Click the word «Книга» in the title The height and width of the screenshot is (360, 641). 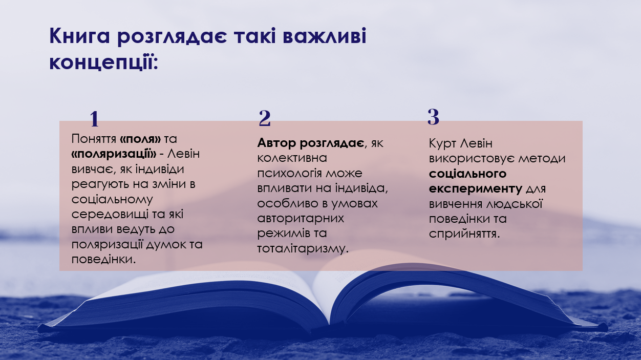point(79,36)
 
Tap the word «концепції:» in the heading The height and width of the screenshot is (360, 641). point(103,62)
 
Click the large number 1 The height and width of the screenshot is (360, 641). point(94,119)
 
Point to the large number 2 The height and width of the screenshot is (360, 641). point(264,118)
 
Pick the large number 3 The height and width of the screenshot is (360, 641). point(433,117)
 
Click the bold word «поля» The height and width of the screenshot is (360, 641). point(140,139)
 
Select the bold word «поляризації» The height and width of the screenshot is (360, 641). point(114,154)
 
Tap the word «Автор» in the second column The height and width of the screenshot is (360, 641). point(276,143)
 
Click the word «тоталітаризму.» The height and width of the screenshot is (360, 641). point(303,248)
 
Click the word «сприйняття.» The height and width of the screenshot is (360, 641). point(464,234)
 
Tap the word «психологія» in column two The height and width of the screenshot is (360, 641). point(290,174)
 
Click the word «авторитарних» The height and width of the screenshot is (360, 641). point(301,218)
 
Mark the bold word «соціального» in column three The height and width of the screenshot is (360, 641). point(467,174)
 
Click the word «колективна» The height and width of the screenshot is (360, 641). point(292,158)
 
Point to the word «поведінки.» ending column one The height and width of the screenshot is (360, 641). point(103,260)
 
